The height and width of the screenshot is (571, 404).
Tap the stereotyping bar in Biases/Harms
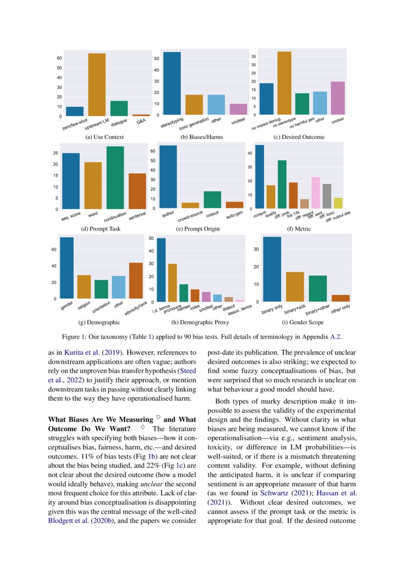(171, 83)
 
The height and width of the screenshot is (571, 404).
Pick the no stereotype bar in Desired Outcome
(284, 83)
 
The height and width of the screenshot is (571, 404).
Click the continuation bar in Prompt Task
(115, 178)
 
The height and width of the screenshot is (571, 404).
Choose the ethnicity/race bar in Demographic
(136, 280)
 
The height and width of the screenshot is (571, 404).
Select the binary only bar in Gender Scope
(272, 269)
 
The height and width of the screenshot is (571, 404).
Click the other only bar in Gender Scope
(340, 298)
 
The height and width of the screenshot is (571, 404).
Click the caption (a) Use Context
(105, 137)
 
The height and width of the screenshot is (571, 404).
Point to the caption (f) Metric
(298, 229)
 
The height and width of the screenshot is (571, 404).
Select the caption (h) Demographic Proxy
(200, 323)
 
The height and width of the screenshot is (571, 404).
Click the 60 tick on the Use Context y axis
(59, 58)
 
